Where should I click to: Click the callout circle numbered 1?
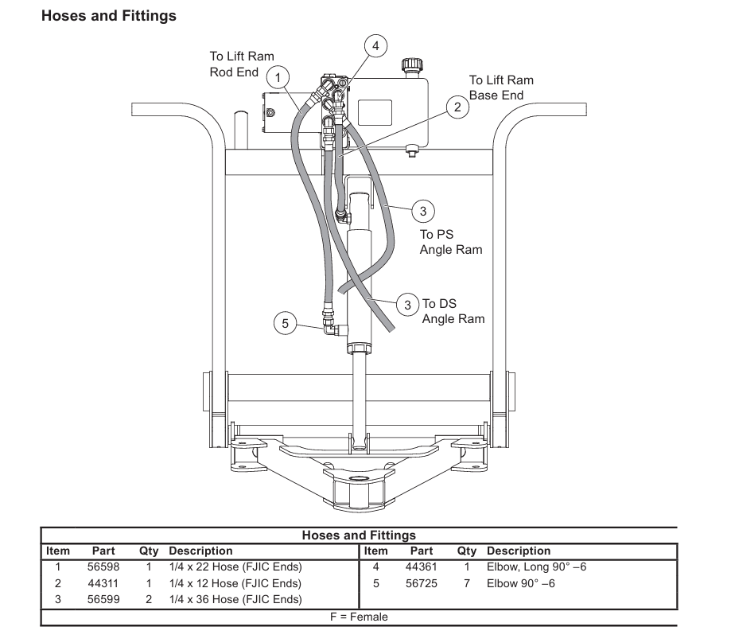click(x=278, y=77)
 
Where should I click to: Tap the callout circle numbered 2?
click(x=457, y=107)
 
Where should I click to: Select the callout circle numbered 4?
click(x=375, y=45)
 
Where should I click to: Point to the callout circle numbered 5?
click(x=286, y=323)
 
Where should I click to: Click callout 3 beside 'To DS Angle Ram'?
click(x=408, y=305)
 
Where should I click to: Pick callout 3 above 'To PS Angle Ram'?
click(x=423, y=212)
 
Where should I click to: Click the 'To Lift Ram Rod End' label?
click(x=242, y=64)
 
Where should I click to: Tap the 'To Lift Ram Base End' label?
click(x=501, y=88)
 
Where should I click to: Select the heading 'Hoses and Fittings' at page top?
click(x=109, y=16)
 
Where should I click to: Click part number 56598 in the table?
click(x=103, y=567)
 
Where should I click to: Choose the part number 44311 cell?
click(x=103, y=583)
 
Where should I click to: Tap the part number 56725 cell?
click(x=422, y=583)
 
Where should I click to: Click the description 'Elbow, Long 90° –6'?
click(x=537, y=567)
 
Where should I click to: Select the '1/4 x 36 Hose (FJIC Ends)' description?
click(x=235, y=599)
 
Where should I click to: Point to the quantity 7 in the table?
click(x=467, y=583)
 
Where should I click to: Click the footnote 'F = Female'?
click(x=359, y=617)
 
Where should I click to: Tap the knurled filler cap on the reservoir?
click(x=412, y=64)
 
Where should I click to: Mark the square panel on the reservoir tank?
click(x=375, y=112)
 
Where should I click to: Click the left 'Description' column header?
click(x=200, y=551)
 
